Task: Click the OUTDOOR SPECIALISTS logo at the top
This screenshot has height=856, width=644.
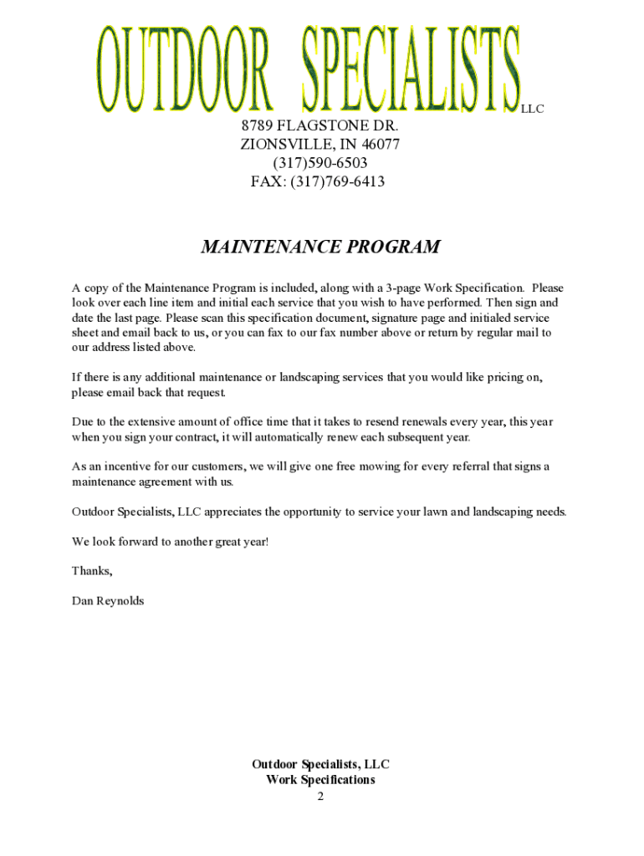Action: (x=308, y=69)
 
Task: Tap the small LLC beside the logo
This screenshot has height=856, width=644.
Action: (x=533, y=109)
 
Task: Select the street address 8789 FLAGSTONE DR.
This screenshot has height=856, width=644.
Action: (x=319, y=126)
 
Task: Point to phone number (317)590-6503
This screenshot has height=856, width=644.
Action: (x=319, y=163)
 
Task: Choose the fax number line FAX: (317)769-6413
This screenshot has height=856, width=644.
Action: (x=318, y=181)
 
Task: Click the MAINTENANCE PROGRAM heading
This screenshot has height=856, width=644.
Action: (x=320, y=247)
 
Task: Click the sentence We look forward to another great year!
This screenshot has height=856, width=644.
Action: (x=171, y=542)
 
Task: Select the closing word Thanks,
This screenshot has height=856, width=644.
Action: (x=92, y=571)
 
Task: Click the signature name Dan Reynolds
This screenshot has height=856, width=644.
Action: (x=108, y=600)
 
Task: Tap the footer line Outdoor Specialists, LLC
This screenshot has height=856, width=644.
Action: (x=320, y=764)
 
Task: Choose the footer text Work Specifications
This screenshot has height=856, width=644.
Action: (x=320, y=780)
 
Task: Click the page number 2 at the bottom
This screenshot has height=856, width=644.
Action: (x=320, y=796)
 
